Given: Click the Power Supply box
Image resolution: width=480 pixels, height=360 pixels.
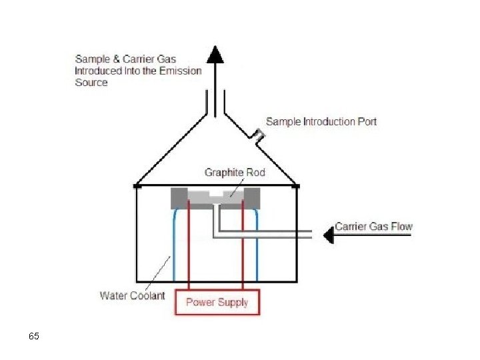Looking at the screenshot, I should [217, 302].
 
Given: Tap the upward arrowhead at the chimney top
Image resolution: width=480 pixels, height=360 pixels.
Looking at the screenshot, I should [215, 54].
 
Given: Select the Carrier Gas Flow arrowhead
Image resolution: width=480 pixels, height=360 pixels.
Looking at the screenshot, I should [328, 235].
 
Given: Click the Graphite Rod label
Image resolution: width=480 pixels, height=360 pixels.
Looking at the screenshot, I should [235, 173].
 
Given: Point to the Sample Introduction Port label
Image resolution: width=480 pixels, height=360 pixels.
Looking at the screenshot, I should [321, 121].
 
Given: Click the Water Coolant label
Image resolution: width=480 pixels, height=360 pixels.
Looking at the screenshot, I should [132, 295].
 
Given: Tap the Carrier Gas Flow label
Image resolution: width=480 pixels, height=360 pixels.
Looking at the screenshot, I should [373, 227].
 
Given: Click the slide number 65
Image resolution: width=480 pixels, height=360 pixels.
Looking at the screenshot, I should [34, 336].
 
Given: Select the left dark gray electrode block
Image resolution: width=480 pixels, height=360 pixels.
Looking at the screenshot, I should [179, 198].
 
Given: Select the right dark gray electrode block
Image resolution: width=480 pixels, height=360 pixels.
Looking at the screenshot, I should [251, 198].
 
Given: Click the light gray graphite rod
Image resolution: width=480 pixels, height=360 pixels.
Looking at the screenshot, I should [215, 196].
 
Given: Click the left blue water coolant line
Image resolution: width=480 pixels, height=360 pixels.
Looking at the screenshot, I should [173, 247].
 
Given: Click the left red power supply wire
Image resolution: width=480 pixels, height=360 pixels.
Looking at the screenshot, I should [189, 247].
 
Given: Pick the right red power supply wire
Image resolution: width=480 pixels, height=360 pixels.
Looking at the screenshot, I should [243, 247].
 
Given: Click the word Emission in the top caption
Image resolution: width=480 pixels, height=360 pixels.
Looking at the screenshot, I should [177, 71].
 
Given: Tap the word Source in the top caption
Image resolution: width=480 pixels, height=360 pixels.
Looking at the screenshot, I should [91, 83].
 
